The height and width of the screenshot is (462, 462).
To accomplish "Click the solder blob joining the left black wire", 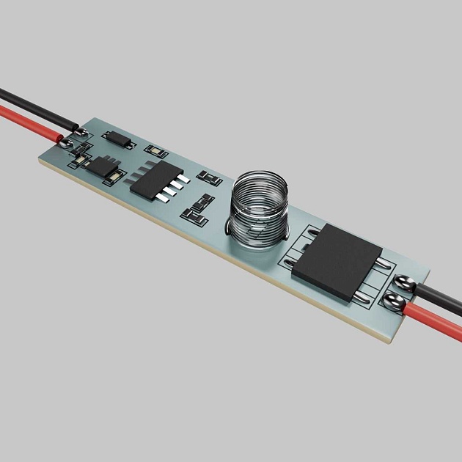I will click(x=81, y=131).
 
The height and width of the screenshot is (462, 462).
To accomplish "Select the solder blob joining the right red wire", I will click(x=394, y=301).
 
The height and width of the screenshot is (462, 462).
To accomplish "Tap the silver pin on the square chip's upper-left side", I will click(x=312, y=234).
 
